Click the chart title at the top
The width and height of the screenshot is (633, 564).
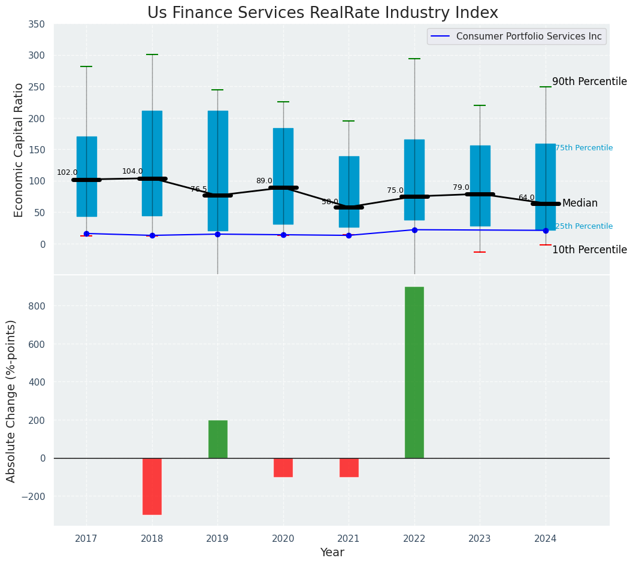click(322, 13)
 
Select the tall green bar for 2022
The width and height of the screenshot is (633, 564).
click(414, 372)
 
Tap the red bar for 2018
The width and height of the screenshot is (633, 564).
click(152, 486)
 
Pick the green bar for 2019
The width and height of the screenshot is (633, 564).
click(217, 439)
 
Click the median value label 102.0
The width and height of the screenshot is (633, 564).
click(67, 172)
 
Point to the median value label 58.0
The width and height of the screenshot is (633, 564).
click(330, 202)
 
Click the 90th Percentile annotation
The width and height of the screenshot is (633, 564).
click(589, 81)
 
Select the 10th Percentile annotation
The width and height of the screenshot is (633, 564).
click(589, 250)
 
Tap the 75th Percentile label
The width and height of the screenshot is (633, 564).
click(584, 148)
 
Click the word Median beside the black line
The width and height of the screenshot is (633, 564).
click(580, 204)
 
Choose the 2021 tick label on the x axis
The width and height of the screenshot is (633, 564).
click(349, 539)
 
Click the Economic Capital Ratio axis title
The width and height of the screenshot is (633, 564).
click(19, 150)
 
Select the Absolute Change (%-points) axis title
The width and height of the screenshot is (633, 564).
click(11, 401)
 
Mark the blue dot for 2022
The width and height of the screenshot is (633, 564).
click(414, 230)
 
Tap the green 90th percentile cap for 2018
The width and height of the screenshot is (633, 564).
click(152, 54)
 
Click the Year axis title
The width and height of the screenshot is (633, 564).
click(332, 553)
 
